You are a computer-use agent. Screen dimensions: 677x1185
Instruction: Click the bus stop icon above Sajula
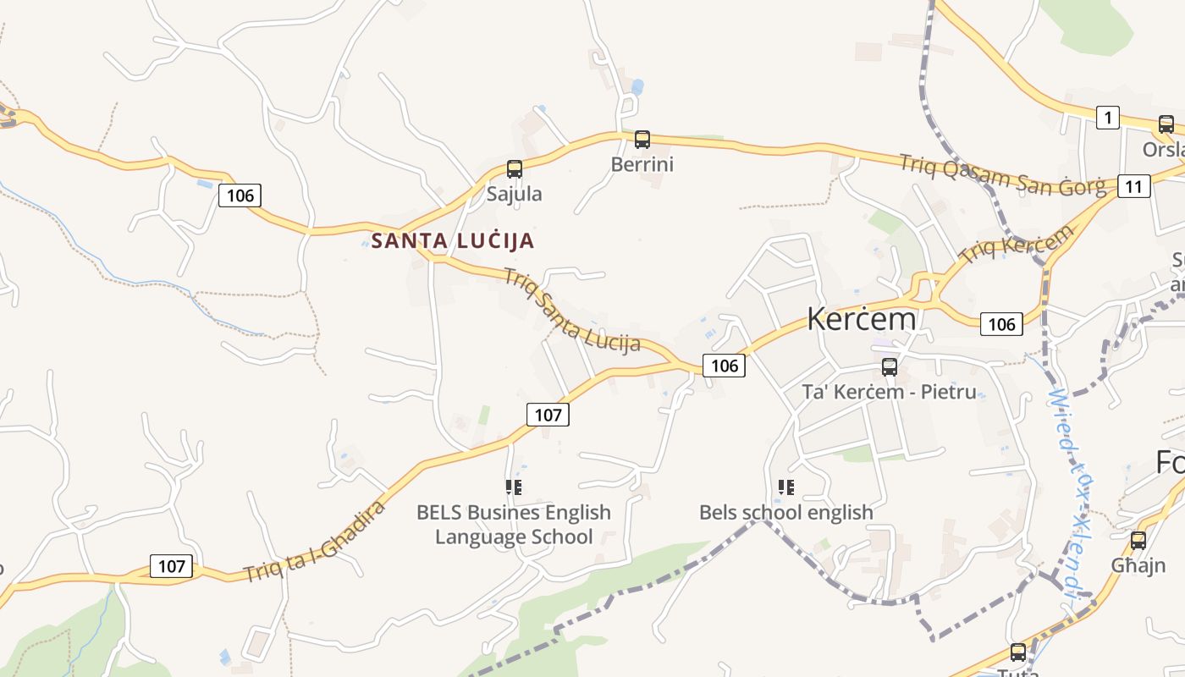(515, 168)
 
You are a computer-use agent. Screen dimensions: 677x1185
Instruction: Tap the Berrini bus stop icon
(642, 139)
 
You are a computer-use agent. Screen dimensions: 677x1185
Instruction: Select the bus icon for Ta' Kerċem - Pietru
(890, 366)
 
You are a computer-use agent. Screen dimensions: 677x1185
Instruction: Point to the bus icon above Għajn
(1138, 540)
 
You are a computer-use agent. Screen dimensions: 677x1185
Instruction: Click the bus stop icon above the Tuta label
(1018, 652)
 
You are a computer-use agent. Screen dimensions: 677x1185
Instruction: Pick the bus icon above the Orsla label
(1166, 124)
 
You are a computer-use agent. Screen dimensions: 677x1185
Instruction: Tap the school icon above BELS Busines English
(514, 487)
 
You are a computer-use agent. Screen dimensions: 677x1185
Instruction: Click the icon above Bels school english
(786, 487)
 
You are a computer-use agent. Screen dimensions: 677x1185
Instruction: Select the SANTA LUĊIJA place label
(453, 240)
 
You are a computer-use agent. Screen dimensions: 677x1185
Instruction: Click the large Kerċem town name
(861, 319)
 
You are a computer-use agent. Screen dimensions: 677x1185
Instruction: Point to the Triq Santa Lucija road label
(572, 310)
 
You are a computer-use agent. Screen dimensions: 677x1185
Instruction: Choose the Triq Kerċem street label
(1016, 242)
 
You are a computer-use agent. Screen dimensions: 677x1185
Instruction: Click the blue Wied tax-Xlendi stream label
(1071, 495)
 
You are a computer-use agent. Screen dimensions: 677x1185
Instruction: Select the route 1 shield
(1107, 118)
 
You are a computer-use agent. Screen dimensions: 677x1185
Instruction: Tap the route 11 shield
(1133, 186)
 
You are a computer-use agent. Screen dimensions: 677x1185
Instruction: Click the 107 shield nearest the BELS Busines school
(548, 415)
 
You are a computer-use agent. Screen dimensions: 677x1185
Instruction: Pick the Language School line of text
(514, 537)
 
